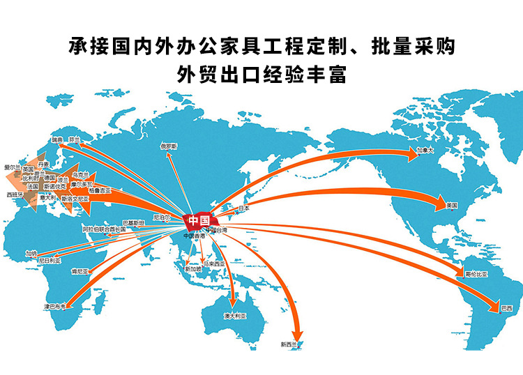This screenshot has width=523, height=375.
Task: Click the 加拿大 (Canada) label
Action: [425, 150]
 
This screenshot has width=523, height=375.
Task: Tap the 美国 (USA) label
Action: [451, 205]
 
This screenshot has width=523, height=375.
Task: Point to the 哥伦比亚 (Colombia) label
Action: [478, 274]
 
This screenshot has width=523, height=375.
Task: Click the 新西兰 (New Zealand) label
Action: [289, 344]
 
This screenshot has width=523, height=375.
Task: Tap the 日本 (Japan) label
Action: [243, 208]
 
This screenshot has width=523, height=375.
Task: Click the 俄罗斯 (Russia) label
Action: [169, 146]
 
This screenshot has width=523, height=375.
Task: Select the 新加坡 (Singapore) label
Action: [193, 268]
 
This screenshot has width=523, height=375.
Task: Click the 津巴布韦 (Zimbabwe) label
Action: [54, 306]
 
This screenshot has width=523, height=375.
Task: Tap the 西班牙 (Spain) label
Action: [15, 194]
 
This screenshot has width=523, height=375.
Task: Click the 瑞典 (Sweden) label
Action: [57, 139]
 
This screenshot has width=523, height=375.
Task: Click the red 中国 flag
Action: [199, 220]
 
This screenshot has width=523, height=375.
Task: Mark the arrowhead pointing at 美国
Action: [440, 205]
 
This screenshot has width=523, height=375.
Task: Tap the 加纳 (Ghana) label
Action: [31, 253]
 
